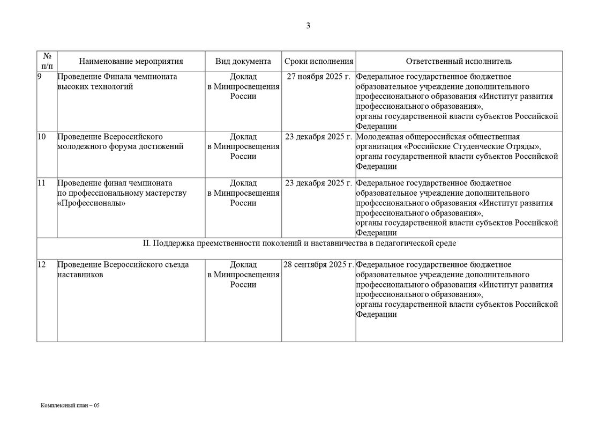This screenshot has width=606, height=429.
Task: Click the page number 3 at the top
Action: [308, 25]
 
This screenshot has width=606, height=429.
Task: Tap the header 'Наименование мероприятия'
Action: [131, 61]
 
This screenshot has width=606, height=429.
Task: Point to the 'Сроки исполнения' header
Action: [319, 61]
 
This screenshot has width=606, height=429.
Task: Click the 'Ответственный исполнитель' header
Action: [459, 61]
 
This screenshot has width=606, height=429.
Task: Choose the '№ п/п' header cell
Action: [47, 61]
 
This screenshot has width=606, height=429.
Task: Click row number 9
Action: [40, 77]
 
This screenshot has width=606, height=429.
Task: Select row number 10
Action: [42, 137]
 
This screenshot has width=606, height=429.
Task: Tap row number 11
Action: [42, 183]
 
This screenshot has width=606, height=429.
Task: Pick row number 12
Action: [42, 265]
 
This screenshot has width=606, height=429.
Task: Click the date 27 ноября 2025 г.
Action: [319, 77]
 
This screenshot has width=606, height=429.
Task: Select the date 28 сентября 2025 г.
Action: [319, 265]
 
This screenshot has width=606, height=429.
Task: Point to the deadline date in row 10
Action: [319, 137]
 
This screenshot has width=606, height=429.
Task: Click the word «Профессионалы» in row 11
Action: [87, 203]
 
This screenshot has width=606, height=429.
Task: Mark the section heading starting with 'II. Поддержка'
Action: [300, 243]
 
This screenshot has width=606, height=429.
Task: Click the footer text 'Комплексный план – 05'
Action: [70, 405]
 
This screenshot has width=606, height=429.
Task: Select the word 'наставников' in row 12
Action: [80, 275]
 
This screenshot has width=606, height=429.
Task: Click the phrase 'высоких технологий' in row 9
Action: [95, 86]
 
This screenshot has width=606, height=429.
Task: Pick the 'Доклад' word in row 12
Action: [243, 265]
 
